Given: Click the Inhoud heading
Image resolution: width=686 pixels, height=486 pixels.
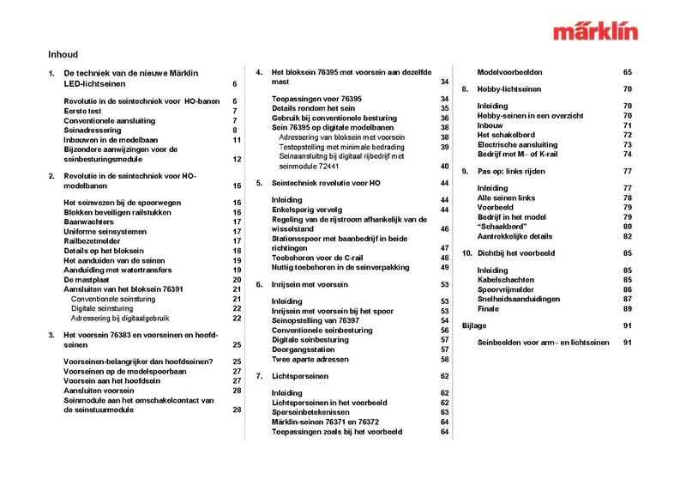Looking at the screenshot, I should [63, 53].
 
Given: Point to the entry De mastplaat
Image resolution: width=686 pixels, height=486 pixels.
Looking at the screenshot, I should [88, 280].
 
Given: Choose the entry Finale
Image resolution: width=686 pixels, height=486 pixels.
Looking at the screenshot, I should [488, 308].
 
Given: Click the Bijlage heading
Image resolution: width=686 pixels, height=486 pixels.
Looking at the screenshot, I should [474, 325].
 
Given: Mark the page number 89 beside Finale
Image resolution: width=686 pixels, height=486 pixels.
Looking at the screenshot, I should [628, 308].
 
